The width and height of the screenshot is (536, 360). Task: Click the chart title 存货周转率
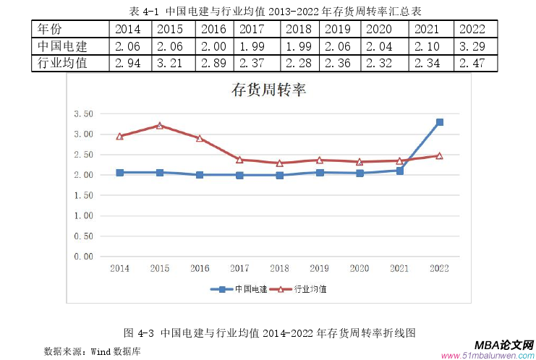click(x=268, y=90)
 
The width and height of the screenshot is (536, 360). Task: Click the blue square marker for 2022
click(x=439, y=122)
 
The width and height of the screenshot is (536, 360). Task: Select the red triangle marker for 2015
click(x=159, y=126)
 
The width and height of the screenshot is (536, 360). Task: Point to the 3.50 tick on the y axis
click(x=83, y=114)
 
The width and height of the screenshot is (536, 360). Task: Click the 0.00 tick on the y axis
click(x=83, y=256)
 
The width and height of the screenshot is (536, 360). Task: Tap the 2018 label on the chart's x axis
click(x=279, y=268)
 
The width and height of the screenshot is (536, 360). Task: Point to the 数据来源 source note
click(x=92, y=351)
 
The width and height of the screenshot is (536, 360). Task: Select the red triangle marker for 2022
click(x=439, y=155)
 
